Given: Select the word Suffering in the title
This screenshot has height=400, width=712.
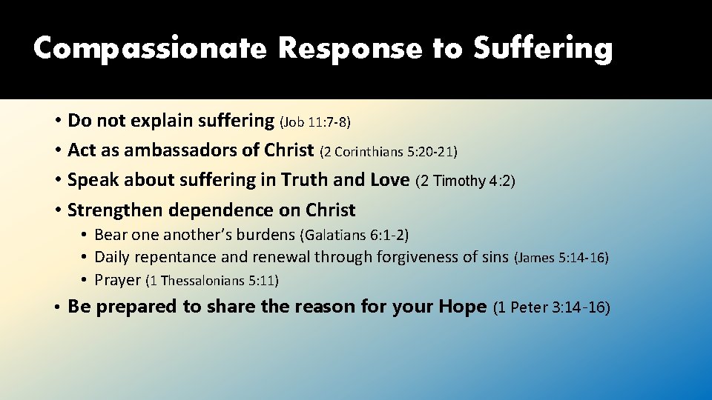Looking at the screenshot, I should (543, 49).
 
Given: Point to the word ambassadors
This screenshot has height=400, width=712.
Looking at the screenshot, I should (181, 150).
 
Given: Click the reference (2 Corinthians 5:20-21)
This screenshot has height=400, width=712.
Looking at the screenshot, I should (389, 152).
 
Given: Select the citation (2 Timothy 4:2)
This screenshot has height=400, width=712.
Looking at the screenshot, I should (465, 181).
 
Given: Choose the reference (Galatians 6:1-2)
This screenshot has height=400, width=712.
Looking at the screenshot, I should (354, 236).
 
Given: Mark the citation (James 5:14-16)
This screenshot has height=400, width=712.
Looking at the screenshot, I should (561, 259).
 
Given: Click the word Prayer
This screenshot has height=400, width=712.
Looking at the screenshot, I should (118, 280).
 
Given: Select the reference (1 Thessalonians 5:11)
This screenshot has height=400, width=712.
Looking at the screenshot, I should (212, 281).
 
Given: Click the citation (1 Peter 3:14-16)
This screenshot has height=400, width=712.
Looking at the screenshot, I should (551, 307).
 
